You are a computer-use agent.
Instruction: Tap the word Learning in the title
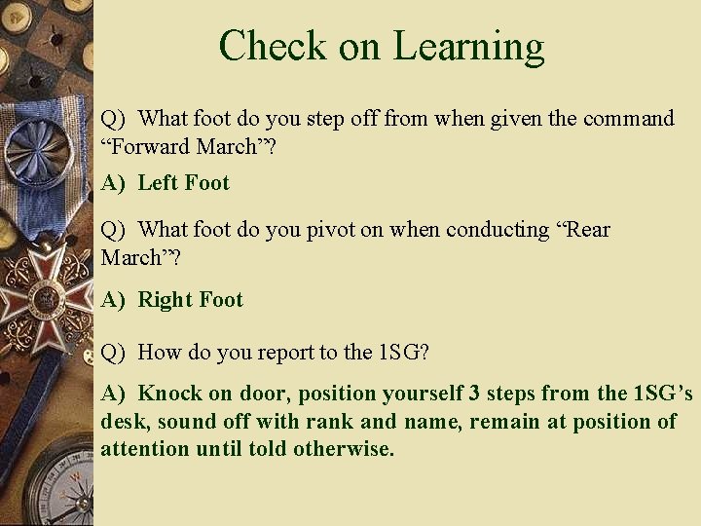468,46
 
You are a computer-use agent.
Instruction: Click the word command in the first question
628,119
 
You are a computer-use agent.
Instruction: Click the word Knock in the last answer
168,394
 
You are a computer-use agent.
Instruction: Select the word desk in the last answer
125,422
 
